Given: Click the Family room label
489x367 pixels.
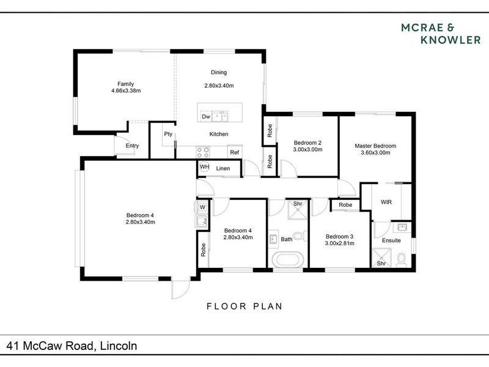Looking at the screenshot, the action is click(126, 84).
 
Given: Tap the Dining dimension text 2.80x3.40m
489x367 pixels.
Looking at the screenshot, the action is click(219, 86).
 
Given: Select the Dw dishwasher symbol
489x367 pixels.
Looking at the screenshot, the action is click(206, 117).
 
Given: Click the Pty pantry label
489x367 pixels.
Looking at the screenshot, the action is click(168, 134).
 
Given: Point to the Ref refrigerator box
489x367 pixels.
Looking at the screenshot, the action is click(235, 152).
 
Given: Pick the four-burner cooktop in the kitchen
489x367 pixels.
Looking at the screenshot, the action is click(203, 152).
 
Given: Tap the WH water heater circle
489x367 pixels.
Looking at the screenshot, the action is click(205, 167).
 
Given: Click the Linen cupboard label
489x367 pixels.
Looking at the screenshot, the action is click(223, 169).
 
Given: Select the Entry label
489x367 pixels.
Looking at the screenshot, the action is click(132, 146).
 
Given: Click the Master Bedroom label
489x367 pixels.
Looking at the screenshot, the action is click(375, 146).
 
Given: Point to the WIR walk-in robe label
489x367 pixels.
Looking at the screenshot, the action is click(386, 202).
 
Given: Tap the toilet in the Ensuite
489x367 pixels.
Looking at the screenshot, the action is click(402, 260).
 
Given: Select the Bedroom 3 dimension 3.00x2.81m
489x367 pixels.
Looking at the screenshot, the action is click(340, 243).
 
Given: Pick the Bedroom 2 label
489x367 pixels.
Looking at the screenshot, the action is click(307, 143).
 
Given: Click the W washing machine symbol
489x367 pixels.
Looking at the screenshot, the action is click(202, 207).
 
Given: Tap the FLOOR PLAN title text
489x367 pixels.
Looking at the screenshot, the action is click(245, 306).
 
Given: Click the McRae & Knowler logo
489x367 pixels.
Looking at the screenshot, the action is click(441, 34).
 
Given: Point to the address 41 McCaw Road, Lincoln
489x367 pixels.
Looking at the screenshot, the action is click(72, 346).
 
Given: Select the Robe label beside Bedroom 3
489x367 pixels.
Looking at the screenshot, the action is click(345, 205).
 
